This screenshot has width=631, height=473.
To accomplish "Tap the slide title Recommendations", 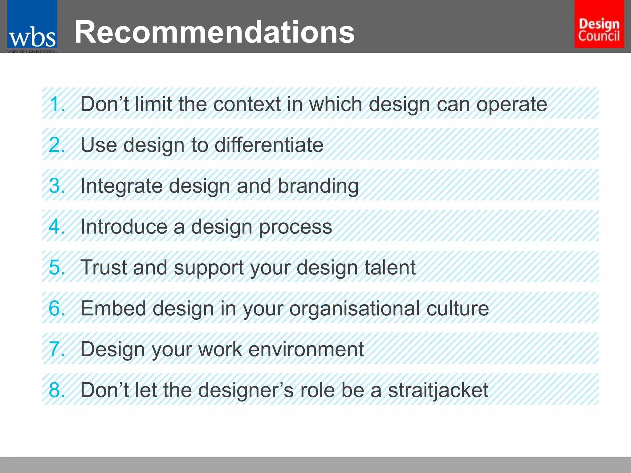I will (x=215, y=32).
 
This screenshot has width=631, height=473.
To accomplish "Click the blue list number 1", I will (x=56, y=104).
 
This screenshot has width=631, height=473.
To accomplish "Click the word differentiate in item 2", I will (x=269, y=145).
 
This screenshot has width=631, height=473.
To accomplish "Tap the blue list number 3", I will (x=56, y=186).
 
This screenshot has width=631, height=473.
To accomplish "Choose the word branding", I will (x=318, y=186).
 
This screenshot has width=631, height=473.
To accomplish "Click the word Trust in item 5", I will (x=103, y=267).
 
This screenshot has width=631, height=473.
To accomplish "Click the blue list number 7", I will (x=56, y=349).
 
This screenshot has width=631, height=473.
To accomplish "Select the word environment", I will (x=306, y=349).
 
